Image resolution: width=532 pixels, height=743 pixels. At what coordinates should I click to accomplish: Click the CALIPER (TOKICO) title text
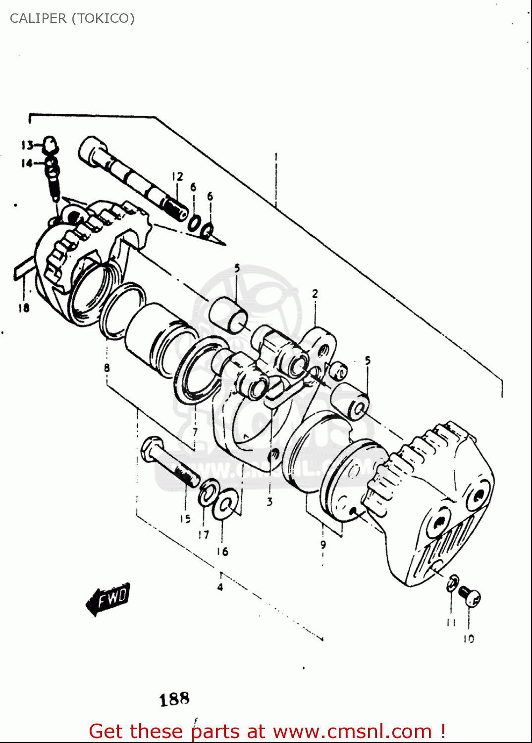(x=72, y=18)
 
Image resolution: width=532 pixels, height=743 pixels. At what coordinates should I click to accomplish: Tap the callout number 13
(x=27, y=145)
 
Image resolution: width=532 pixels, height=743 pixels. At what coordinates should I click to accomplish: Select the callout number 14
(x=26, y=163)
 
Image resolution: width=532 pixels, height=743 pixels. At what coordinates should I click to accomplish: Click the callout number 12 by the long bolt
(x=177, y=177)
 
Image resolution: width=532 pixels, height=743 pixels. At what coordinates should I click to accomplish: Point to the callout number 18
(x=24, y=308)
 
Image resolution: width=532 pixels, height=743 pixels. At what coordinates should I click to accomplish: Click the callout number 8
(x=107, y=368)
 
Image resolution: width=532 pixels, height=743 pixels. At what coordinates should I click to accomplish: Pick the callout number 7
(x=195, y=431)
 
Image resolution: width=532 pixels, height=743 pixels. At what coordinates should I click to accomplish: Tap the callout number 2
(x=315, y=294)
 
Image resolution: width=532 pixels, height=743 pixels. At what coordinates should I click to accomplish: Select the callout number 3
(x=269, y=502)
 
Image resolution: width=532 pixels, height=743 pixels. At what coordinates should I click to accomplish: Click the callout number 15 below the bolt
(x=185, y=519)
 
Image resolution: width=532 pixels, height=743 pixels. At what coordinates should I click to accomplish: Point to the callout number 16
(x=222, y=551)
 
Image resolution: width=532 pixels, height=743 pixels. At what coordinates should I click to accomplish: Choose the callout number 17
(x=204, y=534)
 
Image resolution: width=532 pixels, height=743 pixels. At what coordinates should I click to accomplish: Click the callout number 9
(x=323, y=544)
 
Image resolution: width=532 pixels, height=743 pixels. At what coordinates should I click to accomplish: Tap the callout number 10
(x=468, y=639)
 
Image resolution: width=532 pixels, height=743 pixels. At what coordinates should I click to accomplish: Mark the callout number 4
(x=220, y=587)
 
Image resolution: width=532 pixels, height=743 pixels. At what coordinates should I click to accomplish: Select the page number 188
(x=174, y=699)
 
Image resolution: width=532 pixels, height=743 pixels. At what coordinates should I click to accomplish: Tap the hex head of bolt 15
(x=151, y=448)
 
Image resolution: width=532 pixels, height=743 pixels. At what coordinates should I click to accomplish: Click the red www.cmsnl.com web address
(x=352, y=731)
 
